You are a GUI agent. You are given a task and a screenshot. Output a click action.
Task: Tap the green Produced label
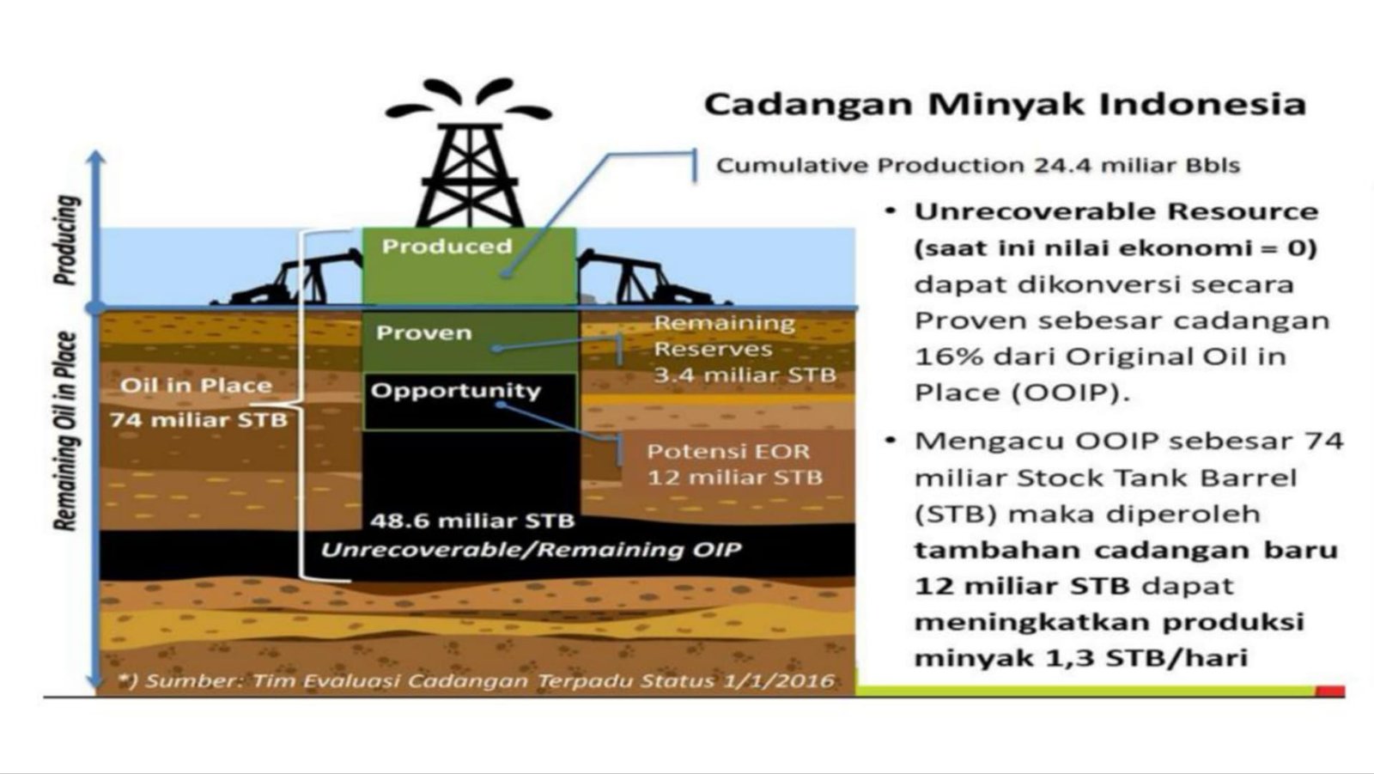tap(447, 247)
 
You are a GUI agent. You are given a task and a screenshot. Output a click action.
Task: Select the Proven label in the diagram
tap(424, 332)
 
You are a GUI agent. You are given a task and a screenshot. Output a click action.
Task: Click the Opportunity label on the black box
tap(456, 391)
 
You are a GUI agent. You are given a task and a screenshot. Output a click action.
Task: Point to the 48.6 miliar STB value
tap(472, 521)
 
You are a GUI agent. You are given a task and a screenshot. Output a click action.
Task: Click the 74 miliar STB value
tap(198, 420)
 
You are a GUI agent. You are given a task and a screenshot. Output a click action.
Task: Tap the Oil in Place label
tap(197, 386)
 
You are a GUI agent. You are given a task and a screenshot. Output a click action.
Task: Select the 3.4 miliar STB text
tap(745, 375)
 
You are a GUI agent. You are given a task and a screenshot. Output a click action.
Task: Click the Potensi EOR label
tap(728, 452)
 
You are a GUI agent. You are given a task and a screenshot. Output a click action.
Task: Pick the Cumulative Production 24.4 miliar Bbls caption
tap(978, 166)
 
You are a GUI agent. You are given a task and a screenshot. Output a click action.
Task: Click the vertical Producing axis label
tap(66, 241)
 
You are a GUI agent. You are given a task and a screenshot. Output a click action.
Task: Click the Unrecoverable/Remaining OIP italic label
tap(532, 550)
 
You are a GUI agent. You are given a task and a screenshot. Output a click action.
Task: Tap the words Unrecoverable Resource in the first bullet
tap(1116, 212)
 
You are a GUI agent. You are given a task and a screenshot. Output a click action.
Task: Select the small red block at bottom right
tap(1330, 692)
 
